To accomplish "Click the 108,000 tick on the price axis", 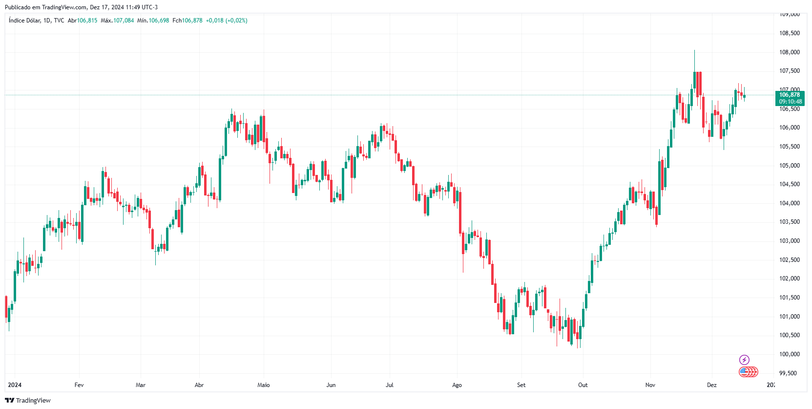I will pos(789,52).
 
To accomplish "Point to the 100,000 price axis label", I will pos(789,354).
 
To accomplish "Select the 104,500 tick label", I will pos(789,184).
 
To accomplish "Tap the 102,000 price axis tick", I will pos(789,279).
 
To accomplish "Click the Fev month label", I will pos(79,385).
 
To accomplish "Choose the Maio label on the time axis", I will pos(264,385).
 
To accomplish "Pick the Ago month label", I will pos(457,385).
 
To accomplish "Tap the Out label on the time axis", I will pos(583,385).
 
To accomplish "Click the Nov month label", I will pos(650,385).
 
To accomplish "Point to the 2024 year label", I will pos(15,385).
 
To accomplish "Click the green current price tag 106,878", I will pos(790,95).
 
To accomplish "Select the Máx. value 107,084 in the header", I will pos(124,21).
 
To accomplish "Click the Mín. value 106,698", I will pos(159,21).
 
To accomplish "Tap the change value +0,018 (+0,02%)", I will pos(227,21).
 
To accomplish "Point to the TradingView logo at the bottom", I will pos(28,400).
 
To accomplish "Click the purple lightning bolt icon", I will pos(744,360).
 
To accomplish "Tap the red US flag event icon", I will pos(745,372).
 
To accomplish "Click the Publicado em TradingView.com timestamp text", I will pos(81,7).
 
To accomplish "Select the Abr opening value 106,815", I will pos(87,21).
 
